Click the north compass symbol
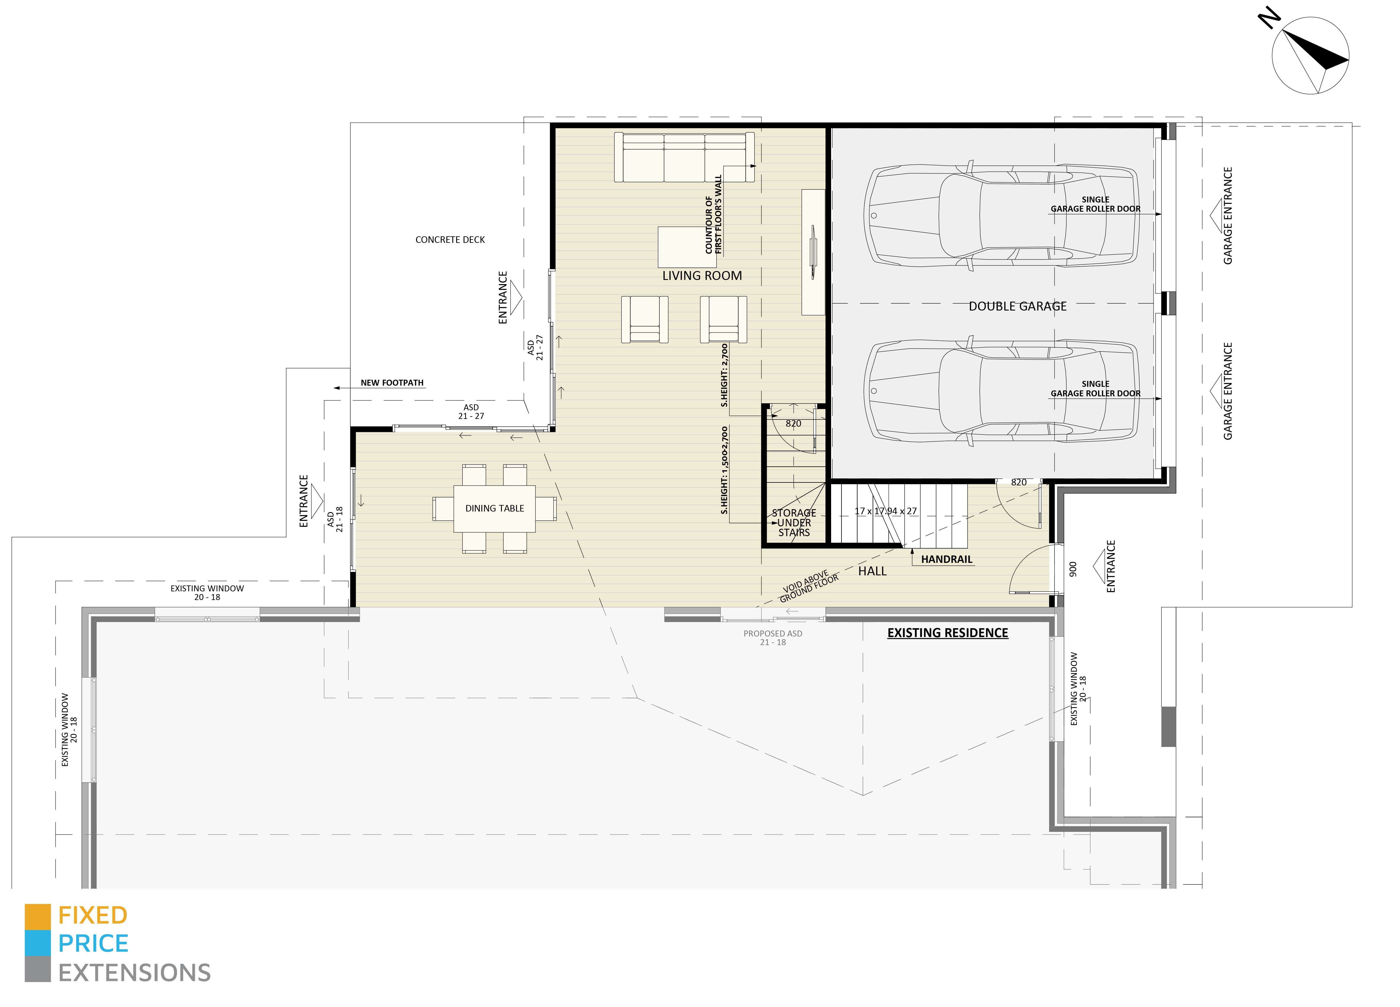1310,56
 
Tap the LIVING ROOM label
702,275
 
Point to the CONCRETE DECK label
450,240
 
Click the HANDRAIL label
946,559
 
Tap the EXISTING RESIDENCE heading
948,633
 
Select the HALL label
872,571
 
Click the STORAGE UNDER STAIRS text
794,523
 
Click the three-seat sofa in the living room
684,158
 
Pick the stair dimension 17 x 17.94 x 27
885,511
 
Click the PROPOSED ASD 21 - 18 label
773,638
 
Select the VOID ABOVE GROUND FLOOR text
809,587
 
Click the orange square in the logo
38,917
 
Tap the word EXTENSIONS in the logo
135,973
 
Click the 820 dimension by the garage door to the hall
1019,482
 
